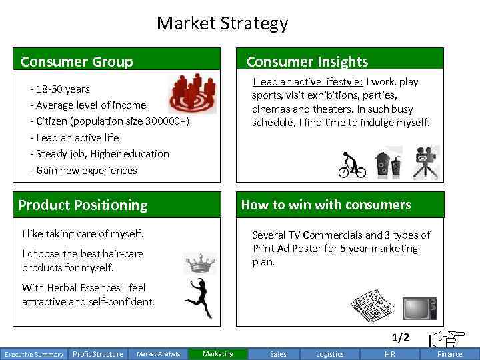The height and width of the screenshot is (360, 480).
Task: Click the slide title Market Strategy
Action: (x=222, y=23)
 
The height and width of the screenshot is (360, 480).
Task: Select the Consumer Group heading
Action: (x=77, y=62)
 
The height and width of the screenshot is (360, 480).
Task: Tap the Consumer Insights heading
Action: (x=307, y=62)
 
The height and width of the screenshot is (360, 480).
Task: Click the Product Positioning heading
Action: (x=83, y=205)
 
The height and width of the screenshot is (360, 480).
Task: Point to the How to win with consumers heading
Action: (x=325, y=205)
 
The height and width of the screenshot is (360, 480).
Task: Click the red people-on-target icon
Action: (x=193, y=93)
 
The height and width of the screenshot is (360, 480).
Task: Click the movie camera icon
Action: (x=425, y=163)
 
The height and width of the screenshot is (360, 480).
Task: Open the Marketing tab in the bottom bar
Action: (x=218, y=354)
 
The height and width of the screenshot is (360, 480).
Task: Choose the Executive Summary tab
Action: (x=33, y=354)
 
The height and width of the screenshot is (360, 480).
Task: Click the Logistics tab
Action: (x=329, y=354)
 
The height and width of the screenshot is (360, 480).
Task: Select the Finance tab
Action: (x=449, y=354)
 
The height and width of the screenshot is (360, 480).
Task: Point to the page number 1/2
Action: (x=401, y=338)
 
